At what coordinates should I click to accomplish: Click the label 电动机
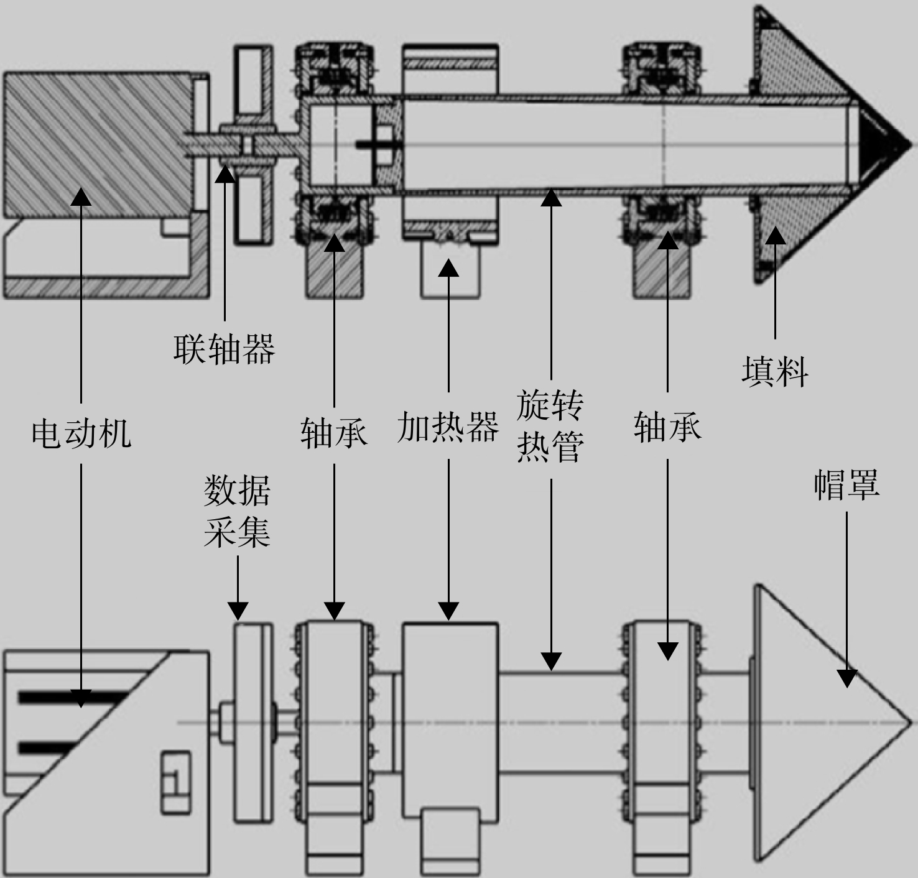81,434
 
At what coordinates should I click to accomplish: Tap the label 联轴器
224,349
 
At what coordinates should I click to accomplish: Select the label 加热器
448,427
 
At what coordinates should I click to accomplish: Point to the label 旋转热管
550,426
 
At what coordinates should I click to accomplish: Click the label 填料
774,372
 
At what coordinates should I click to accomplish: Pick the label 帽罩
846,484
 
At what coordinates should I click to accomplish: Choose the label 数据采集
237,511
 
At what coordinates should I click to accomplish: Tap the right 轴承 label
667,427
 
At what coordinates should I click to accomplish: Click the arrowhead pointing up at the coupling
225,173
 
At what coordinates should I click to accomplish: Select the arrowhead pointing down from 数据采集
238,611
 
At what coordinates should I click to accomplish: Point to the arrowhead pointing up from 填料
775,235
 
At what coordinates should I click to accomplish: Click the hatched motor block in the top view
98,145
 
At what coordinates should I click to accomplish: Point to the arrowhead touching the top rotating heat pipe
551,197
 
